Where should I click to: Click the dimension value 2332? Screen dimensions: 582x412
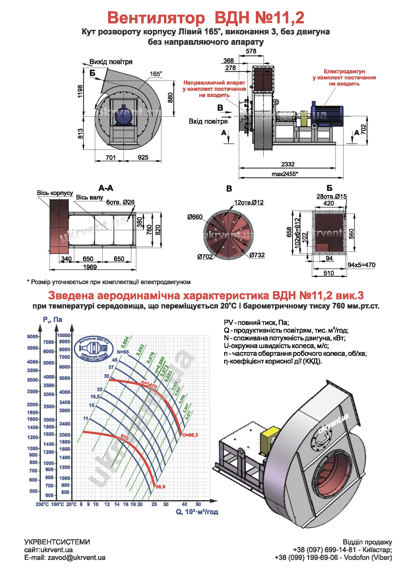288,164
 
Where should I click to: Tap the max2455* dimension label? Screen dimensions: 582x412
285,174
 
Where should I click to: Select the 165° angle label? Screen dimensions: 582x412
155,74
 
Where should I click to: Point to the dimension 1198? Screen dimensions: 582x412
80,91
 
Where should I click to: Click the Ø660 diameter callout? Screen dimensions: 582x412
195,217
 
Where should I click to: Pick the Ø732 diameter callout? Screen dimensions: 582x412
257,255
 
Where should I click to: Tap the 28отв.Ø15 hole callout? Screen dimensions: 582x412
331,197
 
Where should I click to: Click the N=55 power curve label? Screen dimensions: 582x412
123,352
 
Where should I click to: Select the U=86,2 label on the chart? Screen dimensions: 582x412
190,435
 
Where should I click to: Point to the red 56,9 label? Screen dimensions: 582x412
160,487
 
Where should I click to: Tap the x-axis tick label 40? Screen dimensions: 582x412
184,504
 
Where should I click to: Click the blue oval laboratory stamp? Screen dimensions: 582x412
94,349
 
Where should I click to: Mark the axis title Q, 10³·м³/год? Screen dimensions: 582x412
197,512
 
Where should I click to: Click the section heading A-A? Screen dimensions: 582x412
106,188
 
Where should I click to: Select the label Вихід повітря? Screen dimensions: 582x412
111,62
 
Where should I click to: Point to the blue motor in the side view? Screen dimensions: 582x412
327,115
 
